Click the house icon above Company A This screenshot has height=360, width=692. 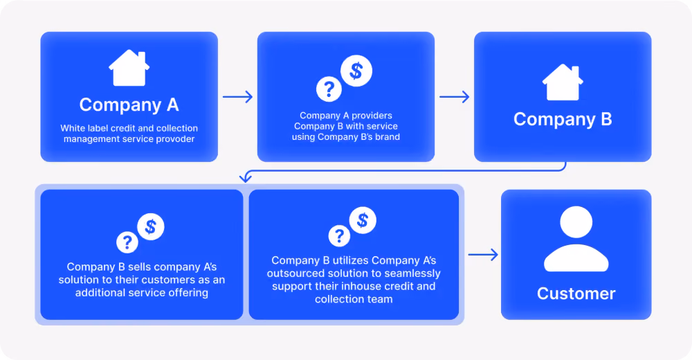[x=129, y=68]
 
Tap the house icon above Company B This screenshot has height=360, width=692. [x=563, y=82]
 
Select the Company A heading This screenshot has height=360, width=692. [x=129, y=105]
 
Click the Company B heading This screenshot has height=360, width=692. [x=563, y=119]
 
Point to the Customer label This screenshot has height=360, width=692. [x=576, y=294]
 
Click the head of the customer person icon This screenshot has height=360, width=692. [x=576, y=222]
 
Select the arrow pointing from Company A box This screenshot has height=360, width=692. [x=237, y=97]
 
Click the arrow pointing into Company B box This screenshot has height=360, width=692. [x=454, y=97]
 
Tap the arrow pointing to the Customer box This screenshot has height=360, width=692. [x=483, y=255]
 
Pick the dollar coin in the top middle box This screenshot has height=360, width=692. [x=356, y=71]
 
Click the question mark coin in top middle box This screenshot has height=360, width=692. [x=329, y=89]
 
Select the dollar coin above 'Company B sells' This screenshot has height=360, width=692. [x=151, y=226]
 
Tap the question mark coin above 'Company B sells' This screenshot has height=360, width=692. [x=127, y=242]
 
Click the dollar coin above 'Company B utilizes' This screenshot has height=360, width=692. [x=363, y=220]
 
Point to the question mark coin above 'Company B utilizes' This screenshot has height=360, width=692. [x=339, y=235]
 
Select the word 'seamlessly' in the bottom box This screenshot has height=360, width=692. [x=414, y=273]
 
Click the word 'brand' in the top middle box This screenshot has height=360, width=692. [x=388, y=137]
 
